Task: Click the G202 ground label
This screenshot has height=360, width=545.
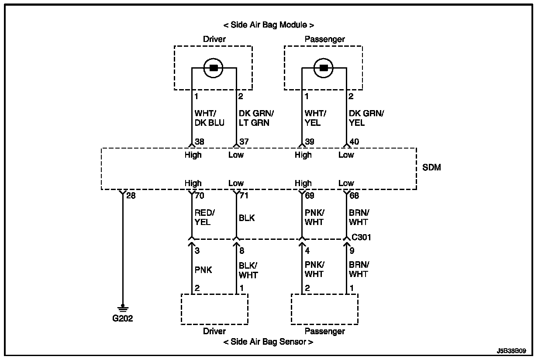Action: click(x=122, y=318)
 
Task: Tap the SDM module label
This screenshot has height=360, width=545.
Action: click(x=432, y=167)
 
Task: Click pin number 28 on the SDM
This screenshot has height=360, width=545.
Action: click(x=131, y=195)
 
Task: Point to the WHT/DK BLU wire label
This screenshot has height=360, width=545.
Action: click(x=209, y=118)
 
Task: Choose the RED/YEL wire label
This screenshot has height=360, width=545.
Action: click(x=203, y=218)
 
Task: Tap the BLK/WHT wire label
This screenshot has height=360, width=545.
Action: click(x=248, y=270)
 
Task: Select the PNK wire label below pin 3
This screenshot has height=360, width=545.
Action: click(x=203, y=270)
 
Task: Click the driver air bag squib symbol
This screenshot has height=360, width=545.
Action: click(x=214, y=68)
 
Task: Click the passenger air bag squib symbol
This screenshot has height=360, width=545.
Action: click(x=324, y=68)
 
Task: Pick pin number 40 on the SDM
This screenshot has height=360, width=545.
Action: click(x=354, y=141)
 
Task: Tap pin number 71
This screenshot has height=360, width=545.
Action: click(x=244, y=195)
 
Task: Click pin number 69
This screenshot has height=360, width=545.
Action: click(x=310, y=195)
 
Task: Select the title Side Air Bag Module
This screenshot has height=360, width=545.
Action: click(x=269, y=25)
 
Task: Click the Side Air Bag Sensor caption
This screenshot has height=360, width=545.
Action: click(x=268, y=342)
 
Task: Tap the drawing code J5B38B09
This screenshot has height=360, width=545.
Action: click(x=511, y=351)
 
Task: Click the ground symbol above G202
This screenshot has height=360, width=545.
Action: click(x=123, y=308)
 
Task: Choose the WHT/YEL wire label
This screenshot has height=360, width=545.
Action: click(x=315, y=118)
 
